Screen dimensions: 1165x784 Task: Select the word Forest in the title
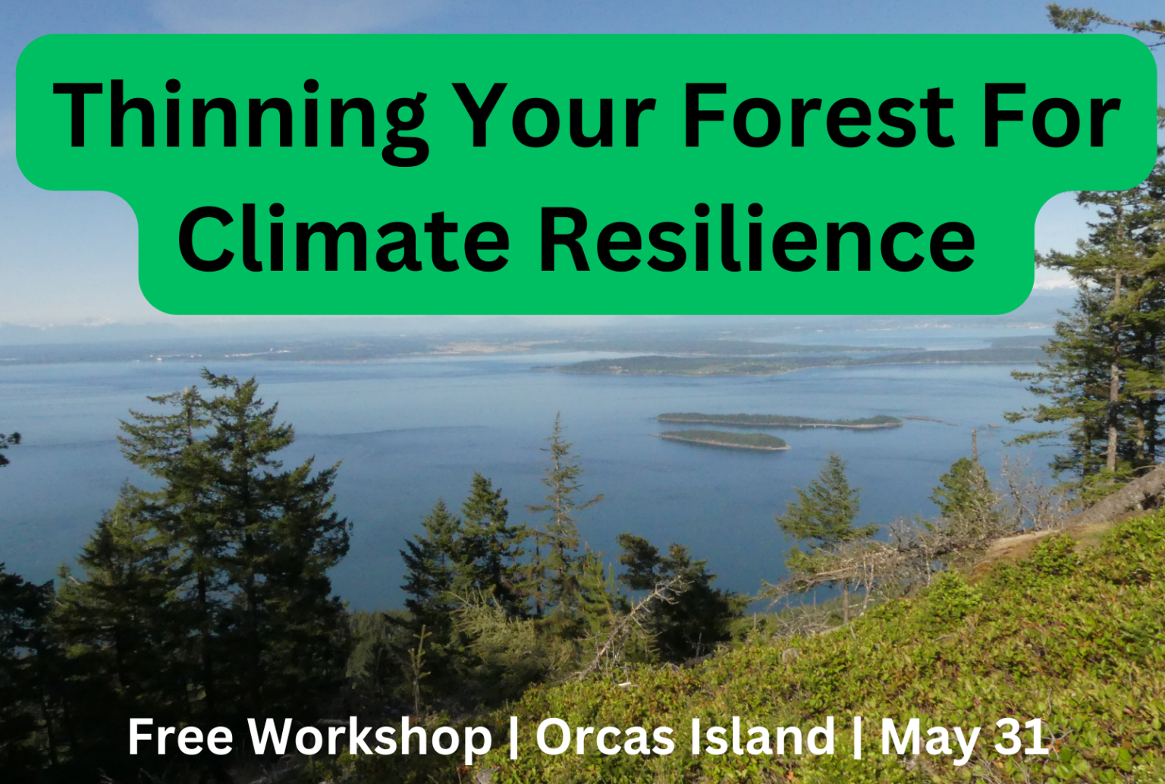coord(818,115)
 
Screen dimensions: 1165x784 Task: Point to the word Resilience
coord(757,238)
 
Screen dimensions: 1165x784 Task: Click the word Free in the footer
coord(180,737)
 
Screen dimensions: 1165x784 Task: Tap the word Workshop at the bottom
coord(369,740)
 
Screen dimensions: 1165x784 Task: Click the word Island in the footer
coord(762,736)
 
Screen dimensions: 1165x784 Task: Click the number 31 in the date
coord(1021,737)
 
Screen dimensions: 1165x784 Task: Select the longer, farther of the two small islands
coord(780,420)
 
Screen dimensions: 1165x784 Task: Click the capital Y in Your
coord(484,115)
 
